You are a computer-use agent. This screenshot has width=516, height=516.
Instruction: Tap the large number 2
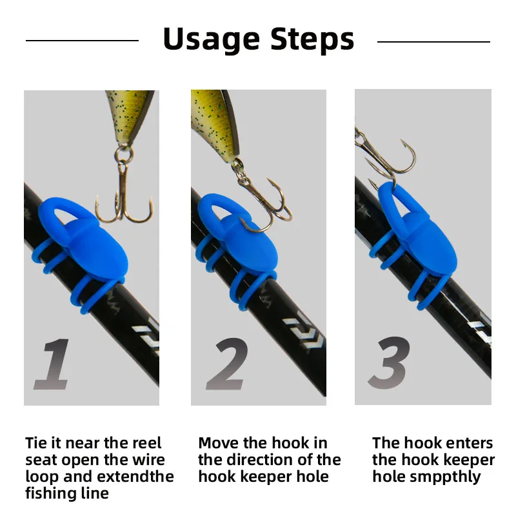point(227,364)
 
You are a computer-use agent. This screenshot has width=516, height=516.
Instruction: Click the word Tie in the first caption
point(37,444)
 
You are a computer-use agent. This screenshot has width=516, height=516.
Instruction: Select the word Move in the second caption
point(217,444)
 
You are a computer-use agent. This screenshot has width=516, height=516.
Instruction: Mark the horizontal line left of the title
point(82,41)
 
